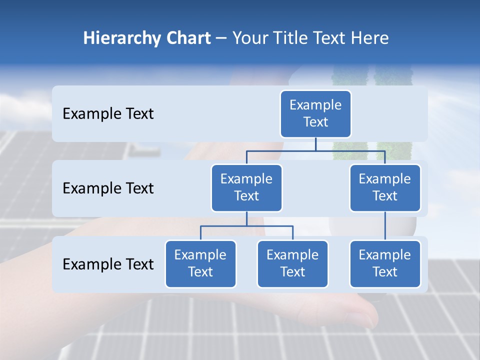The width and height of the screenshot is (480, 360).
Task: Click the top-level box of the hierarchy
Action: [x=315, y=113]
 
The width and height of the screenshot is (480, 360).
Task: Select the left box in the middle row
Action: [x=246, y=187]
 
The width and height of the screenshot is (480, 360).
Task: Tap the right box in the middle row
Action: [x=385, y=187]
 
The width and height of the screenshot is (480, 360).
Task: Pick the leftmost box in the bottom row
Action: [x=200, y=263]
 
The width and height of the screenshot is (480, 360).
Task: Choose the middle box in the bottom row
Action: [x=292, y=263]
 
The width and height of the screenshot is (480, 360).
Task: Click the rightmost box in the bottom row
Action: [x=385, y=263]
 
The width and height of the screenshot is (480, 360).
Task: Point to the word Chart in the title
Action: [x=188, y=38]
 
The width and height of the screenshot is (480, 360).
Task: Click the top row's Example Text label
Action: [x=108, y=113]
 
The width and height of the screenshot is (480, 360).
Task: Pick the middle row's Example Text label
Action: [x=108, y=188]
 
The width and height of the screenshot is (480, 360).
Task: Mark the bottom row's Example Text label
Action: [x=108, y=264]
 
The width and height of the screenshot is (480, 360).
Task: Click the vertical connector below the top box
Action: [x=315, y=144]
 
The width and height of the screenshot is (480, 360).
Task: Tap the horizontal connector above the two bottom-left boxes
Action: [x=246, y=226]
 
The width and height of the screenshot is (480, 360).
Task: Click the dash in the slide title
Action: [x=221, y=38]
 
